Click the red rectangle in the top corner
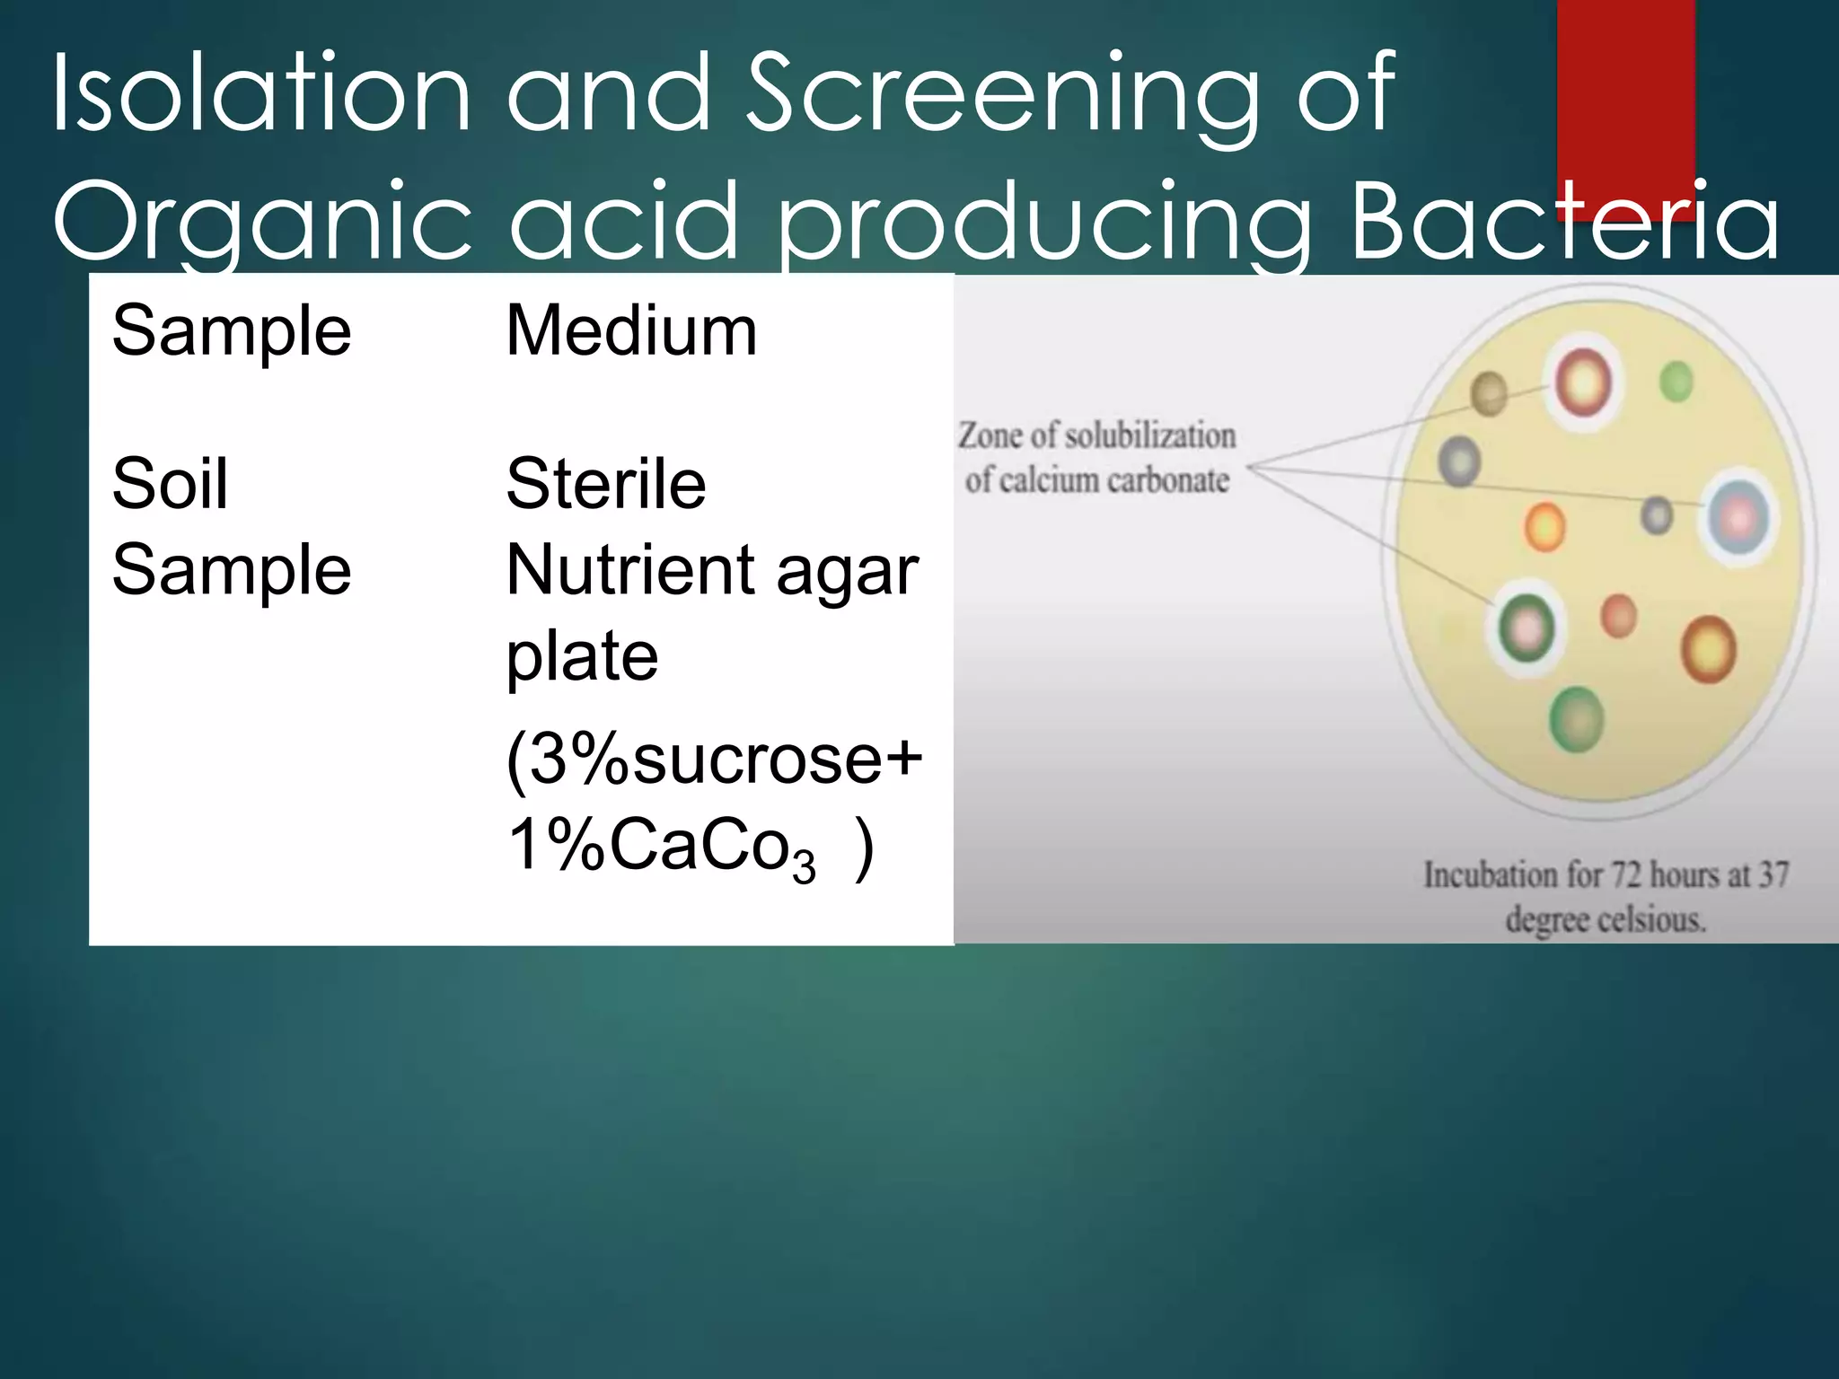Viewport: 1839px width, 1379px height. click(1625, 90)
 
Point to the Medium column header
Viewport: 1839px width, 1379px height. click(631, 330)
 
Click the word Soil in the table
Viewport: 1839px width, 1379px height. click(170, 484)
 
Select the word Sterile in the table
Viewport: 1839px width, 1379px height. click(606, 484)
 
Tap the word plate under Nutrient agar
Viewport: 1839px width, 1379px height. click(582, 656)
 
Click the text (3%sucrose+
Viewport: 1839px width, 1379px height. click(714, 759)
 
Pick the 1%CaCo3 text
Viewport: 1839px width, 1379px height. click(661, 846)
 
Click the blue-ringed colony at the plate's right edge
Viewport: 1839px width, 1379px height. click(1739, 518)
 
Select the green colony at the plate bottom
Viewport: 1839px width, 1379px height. click(1576, 718)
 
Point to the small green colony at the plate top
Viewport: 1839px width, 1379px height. click(1676, 382)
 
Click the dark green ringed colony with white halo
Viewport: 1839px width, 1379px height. click(1527, 628)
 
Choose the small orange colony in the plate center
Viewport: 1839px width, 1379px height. click(1544, 527)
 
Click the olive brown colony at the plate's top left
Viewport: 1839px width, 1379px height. click(1488, 393)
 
